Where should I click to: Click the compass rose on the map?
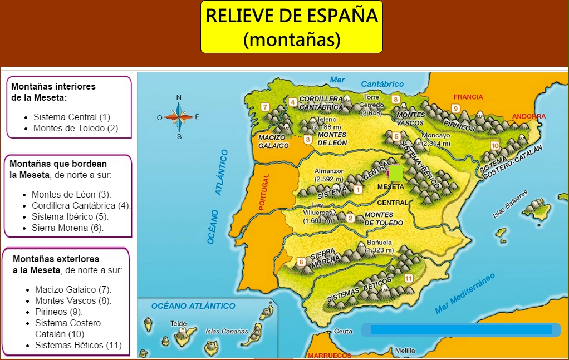click(179, 117)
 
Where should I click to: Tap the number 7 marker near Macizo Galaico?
click(265, 107)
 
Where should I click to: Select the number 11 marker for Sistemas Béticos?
click(409, 278)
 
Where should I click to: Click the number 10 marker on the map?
click(495, 146)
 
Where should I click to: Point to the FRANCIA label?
click(468, 97)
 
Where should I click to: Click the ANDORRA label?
click(529, 116)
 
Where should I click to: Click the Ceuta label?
click(343, 331)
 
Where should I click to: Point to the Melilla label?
click(405, 351)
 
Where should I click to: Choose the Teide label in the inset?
click(178, 323)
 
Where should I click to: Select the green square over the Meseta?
click(395, 172)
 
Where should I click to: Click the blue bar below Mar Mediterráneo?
click(461, 330)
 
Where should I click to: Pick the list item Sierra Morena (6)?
click(67, 228)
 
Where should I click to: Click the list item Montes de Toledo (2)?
click(76, 128)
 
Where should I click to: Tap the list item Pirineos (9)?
click(58, 312)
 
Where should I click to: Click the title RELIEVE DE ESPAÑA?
click(292, 16)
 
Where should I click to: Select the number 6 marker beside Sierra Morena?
click(301, 262)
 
